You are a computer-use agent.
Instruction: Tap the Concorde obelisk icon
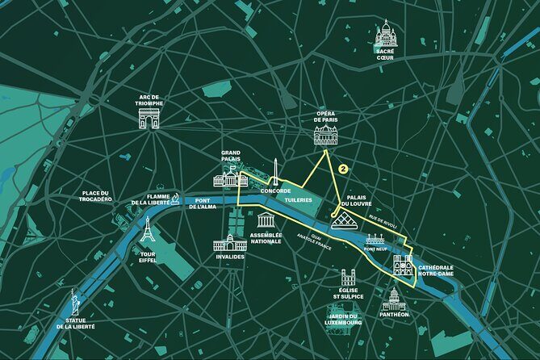(275, 172)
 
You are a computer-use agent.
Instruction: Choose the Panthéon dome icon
(394, 299)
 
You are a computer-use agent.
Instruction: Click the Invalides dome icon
(229, 242)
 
